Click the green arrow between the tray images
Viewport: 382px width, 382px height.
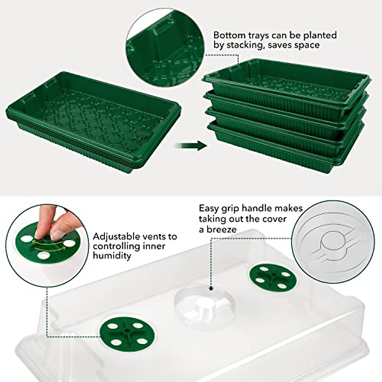[191, 145]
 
